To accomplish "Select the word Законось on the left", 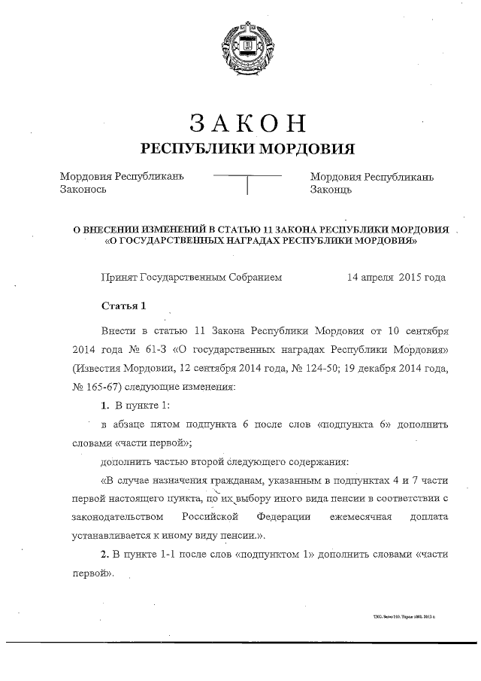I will pos(83,190).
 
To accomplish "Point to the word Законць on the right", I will pos(332,190).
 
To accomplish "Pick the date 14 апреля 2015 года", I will pos(396,277).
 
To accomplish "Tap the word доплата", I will pos(429,518).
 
